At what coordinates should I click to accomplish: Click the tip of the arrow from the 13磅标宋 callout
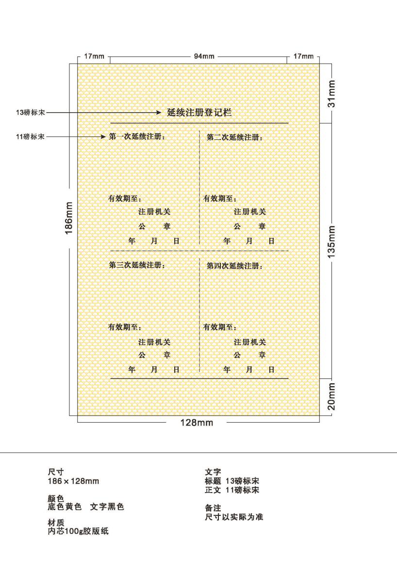point(162,113)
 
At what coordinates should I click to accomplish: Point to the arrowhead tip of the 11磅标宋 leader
point(106,136)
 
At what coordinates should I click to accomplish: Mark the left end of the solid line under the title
point(110,123)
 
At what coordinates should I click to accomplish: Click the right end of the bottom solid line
point(289,378)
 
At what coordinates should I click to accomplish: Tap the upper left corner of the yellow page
point(78,64)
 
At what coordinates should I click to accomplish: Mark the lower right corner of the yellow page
point(319,416)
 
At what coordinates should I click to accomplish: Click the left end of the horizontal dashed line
point(110,251)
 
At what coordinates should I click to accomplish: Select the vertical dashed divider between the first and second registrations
point(199,187)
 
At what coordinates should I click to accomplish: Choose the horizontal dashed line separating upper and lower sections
point(199,251)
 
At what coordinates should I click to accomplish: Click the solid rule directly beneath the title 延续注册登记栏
point(199,123)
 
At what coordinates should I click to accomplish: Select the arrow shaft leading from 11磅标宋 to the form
point(76,136)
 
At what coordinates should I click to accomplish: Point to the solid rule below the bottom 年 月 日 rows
point(199,378)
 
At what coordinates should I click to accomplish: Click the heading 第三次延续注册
point(135,265)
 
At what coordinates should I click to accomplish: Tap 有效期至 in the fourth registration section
point(217,327)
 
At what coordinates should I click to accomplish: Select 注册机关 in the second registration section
point(250,212)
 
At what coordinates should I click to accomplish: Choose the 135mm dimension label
point(331,241)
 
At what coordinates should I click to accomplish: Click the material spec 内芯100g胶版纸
point(78,531)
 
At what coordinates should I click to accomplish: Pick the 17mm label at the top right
point(303,56)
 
